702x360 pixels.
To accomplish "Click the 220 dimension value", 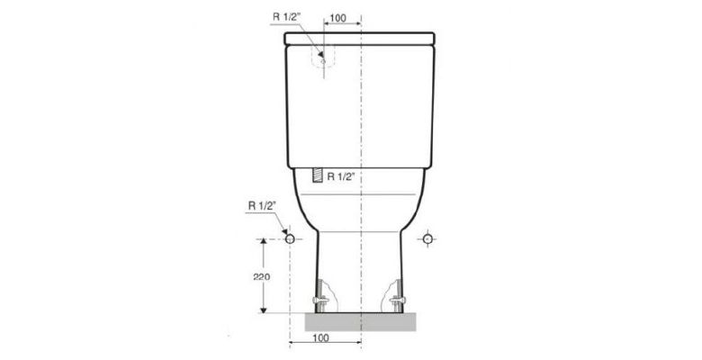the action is tap(262, 276).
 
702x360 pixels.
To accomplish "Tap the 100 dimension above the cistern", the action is tap(337, 18).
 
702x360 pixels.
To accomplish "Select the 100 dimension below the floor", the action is tap(320, 337).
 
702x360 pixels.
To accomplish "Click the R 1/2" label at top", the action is tap(285, 17).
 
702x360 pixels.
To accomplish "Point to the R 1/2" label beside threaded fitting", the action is tap(341, 176).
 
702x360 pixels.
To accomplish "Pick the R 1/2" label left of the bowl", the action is tap(262, 206).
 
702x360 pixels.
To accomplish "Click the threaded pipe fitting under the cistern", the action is tap(317, 175).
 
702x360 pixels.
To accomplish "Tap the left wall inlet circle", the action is tap(290, 239).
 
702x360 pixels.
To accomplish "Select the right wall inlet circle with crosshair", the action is tap(427, 239).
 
